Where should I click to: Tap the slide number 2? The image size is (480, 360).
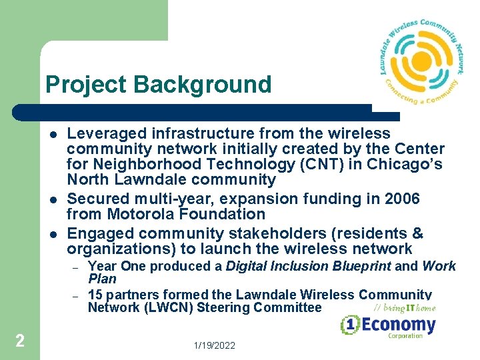pyautogui.click(x=20, y=341)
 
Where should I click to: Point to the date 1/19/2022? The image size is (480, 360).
pyautogui.click(x=215, y=346)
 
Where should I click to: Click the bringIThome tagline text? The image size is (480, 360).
pyautogui.click(x=405, y=307)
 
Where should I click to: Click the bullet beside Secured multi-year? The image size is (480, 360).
pyautogui.click(x=53, y=199)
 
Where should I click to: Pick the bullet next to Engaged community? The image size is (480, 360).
pyautogui.click(x=53, y=234)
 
